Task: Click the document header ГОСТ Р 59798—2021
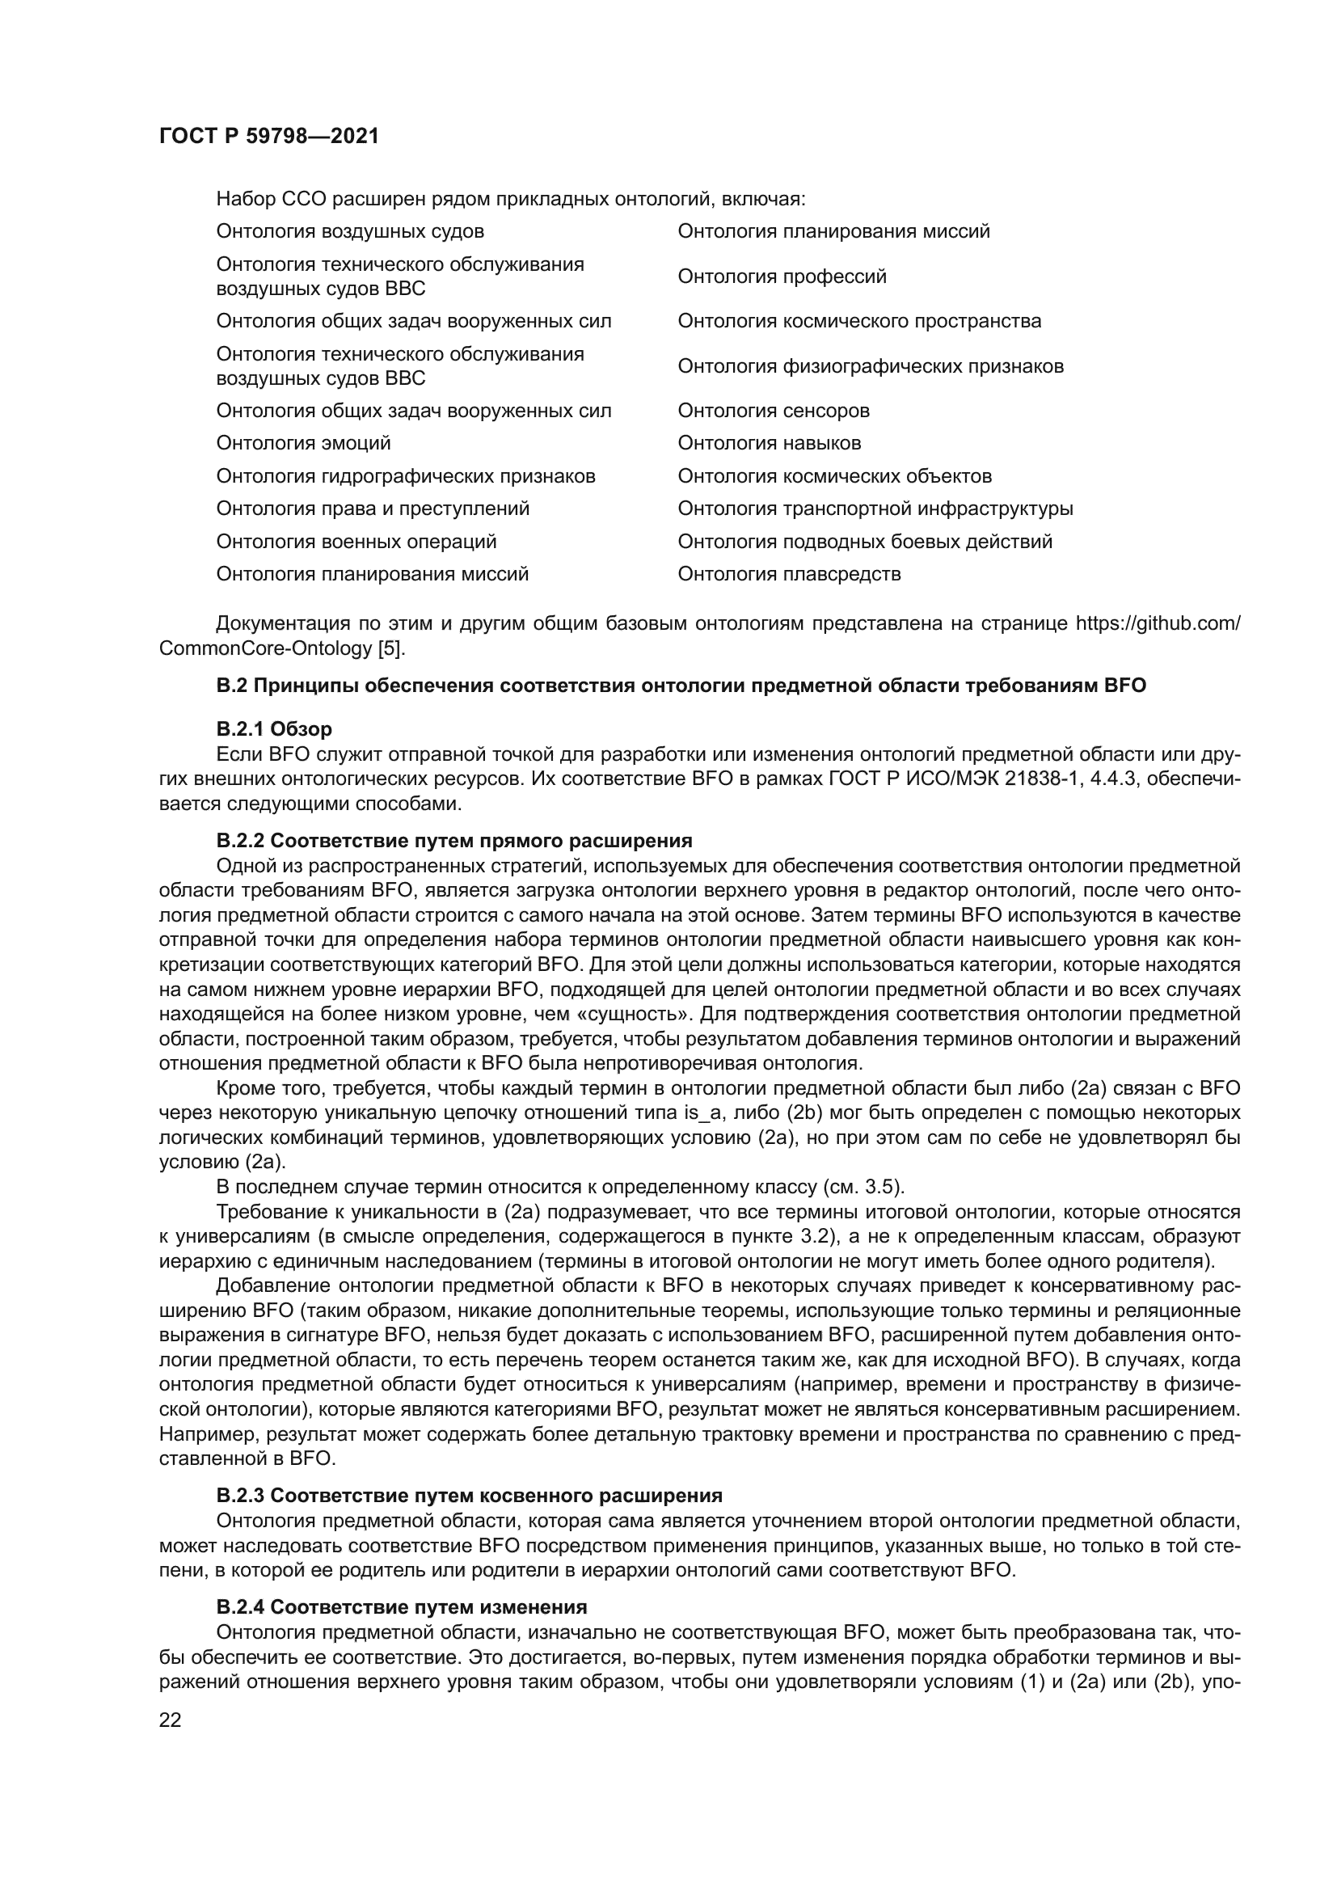pos(269,136)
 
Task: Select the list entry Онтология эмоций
pos(303,443)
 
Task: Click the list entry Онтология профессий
pos(782,276)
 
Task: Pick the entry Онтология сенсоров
pos(773,410)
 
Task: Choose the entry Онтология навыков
pos(769,443)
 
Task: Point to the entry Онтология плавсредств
pos(789,574)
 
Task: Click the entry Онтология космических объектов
pos(834,476)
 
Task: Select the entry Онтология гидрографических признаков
pos(405,476)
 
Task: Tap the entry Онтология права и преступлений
pos(372,509)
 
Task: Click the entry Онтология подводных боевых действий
pos(864,541)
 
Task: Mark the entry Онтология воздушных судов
pos(350,231)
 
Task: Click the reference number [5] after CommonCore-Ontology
pos(390,648)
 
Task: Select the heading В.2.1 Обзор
pos(274,729)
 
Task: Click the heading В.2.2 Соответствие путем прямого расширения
pos(453,841)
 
